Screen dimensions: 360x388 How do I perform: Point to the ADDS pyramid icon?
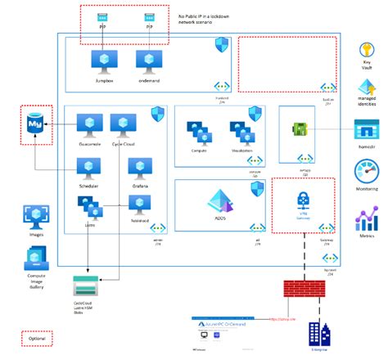pyautogui.click(x=219, y=200)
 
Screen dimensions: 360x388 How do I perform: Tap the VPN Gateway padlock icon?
pyautogui.click(x=303, y=200)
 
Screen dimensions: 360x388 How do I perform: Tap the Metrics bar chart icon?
pyautogui.click(x=367, y=218)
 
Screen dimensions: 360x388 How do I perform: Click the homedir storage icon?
pyautogui.click(x=367, y=128)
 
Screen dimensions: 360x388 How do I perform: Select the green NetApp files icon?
pyautogui.click(x=299, y=128)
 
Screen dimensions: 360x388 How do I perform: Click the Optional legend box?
pyautogui.click(x=37, y=338)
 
